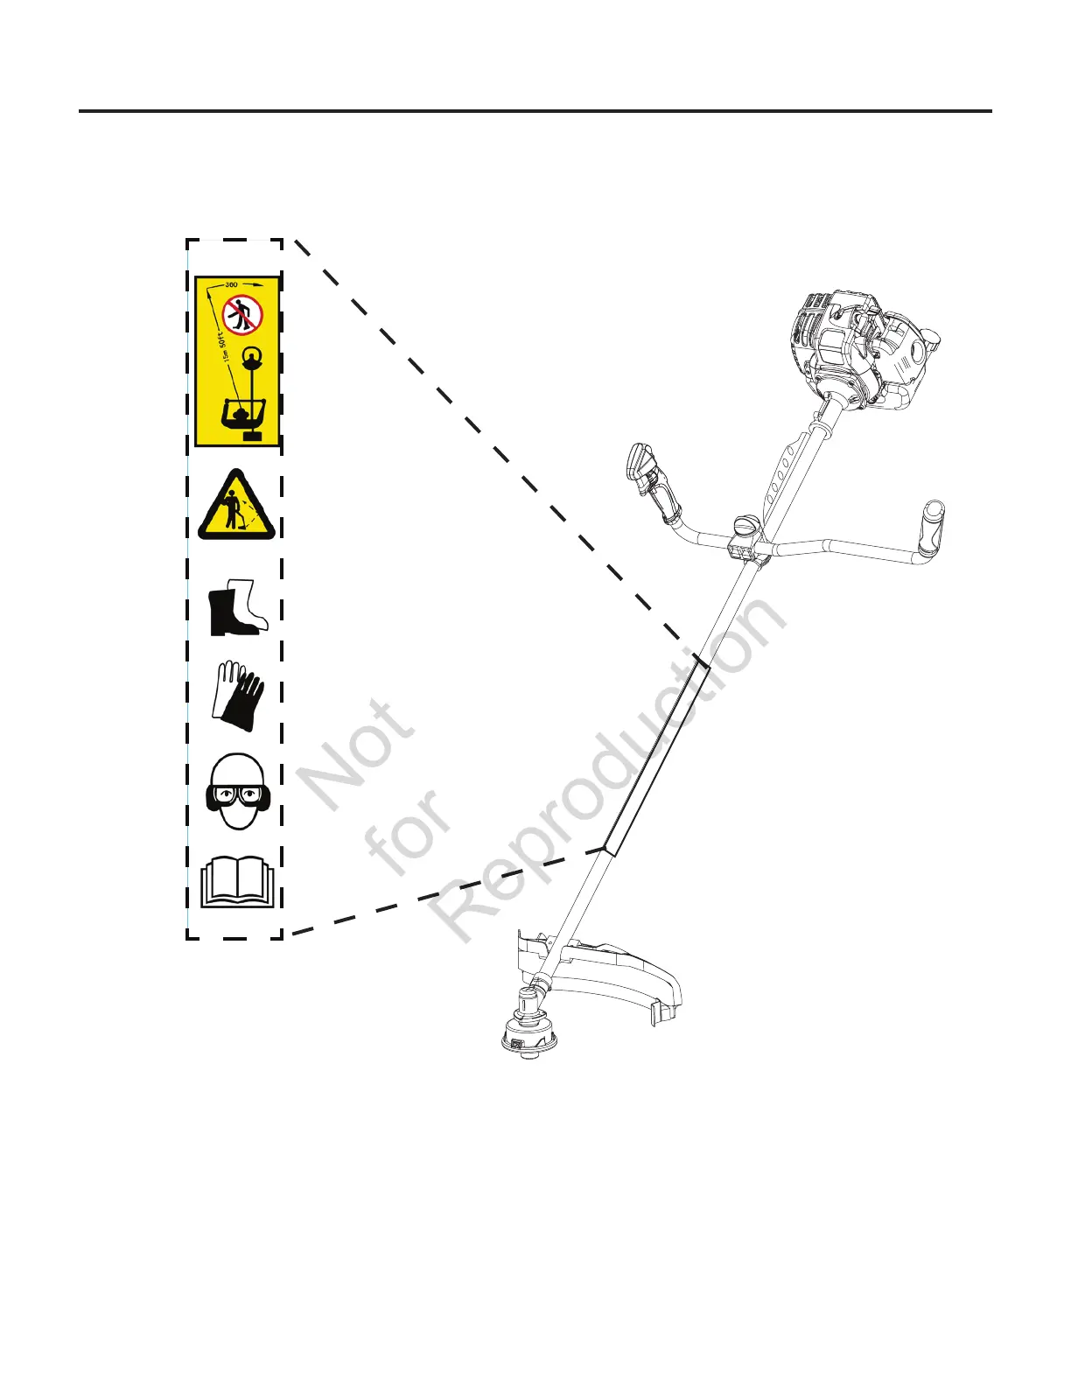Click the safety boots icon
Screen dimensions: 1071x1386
pos(237,606)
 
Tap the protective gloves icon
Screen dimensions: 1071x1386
pos(237,696)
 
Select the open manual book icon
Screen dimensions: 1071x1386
pos(237,881)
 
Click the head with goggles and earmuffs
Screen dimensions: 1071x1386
pos(235,791)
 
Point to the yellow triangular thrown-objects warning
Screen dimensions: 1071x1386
pos(236,507)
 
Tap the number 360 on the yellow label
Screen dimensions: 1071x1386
pos(232,284)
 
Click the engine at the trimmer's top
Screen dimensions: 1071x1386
pos(862,350)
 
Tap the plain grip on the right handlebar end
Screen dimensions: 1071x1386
pos(931,528)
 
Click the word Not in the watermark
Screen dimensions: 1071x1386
pos(355,752)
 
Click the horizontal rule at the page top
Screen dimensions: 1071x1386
pos(535,111)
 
